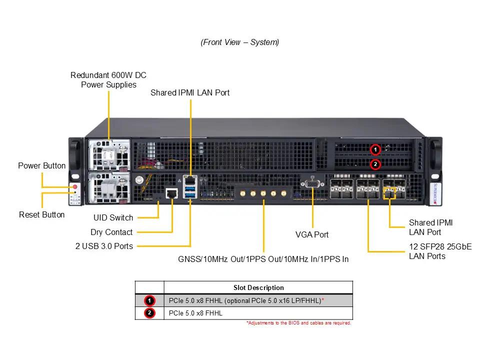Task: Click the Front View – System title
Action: pyautogui.click(x=239, y=42)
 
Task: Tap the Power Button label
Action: pyautogui.click(x=42, y=165)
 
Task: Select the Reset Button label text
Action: pyautogui.click(x=42, y=214)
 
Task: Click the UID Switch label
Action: pyautogui.click(x=113, y=217)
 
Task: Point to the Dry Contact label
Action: pyautogui.click(x=111, y=232)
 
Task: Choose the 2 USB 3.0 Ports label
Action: pyautogui.click(x=104, y=246)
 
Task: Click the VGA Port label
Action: pyautogui.click(x=312, y=234)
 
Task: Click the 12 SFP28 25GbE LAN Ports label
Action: pyautogui.click(x=440, y=251)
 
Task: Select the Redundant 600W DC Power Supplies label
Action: pyautogui.click(x=108, y=80)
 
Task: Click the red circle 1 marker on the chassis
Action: pyautogui.click(x=375, y=149)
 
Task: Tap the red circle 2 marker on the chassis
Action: pyautogui.click(x=375, y=163)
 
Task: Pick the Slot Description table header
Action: pyautogui.click(x=258, y=287)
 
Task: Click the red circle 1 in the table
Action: pyautogui.click(x=149, y=300)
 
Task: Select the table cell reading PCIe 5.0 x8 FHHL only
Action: pyautogui.click(x=195, y=313)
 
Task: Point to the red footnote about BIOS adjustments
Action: pyautogui.click(x=298, y=323)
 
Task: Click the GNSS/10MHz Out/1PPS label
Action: pyautogui.click(x=263, y=259)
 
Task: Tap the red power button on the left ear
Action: pyautogui.click(x=75, y=187)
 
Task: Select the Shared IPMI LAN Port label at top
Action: pyautogui.click(x=190, y=92)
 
